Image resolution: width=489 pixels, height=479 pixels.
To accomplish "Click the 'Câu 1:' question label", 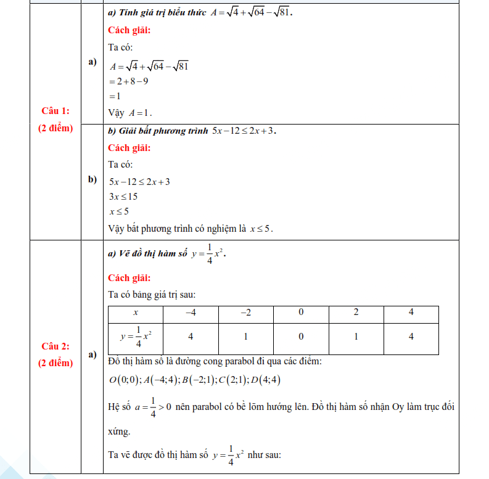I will pos(55,111).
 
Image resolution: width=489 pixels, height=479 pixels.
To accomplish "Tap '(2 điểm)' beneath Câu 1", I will pos(55,128).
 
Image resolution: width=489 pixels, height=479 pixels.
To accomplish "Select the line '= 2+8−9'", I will pos(128,81).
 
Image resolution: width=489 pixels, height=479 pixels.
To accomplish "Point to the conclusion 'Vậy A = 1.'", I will pos(130,113).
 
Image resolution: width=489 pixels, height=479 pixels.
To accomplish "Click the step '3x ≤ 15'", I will pos(123,197).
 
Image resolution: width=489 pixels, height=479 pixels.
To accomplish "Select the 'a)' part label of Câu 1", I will pos(92,62).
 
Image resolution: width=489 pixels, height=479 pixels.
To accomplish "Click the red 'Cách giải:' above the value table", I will pos(129,277).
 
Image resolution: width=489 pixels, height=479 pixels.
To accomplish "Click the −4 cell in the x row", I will pos(191,313).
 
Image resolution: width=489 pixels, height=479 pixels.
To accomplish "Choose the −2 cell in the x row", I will pos(245,313).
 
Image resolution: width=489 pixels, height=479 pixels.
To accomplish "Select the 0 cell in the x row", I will pos(301,313).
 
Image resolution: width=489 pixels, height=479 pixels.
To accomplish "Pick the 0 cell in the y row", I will pos(301,337).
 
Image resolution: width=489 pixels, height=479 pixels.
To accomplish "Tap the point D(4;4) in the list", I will pos(266,380).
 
